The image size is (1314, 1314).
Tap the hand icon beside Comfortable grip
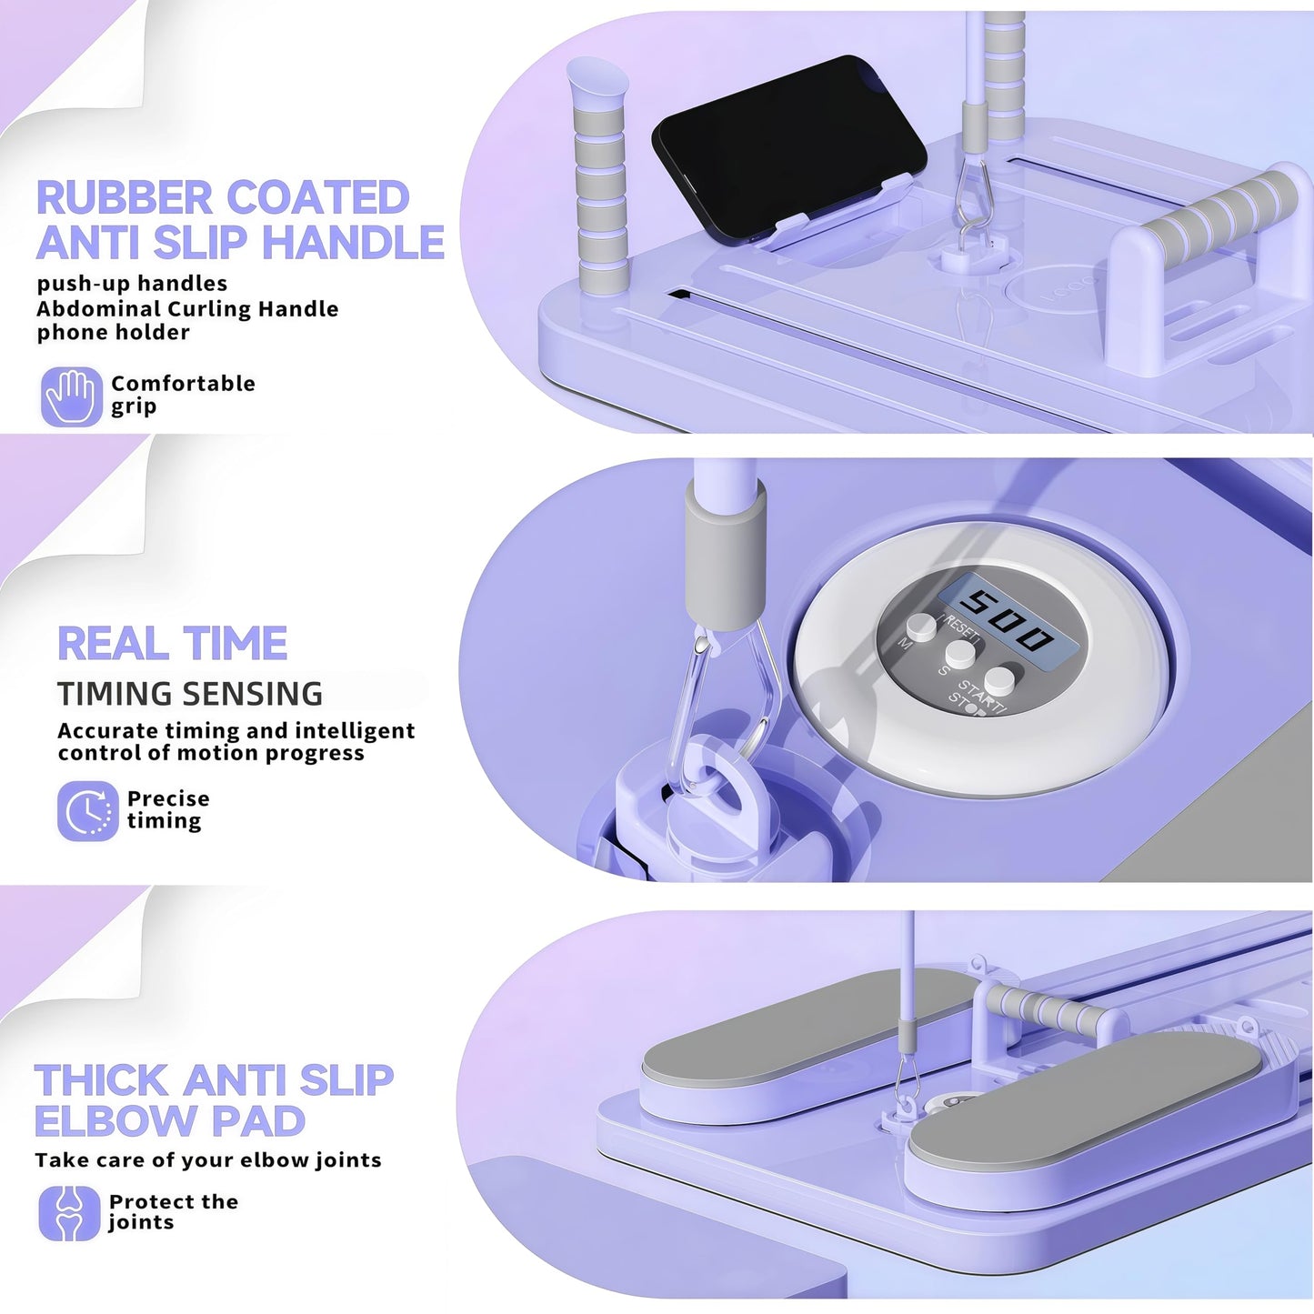72,396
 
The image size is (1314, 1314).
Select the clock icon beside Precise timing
88,811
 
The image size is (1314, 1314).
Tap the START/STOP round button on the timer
999,680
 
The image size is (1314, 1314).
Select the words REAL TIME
173,643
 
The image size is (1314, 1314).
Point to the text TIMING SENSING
189,694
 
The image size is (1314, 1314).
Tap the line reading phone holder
113,333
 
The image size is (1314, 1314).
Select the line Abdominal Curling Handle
187,308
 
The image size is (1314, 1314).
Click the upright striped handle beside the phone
597,177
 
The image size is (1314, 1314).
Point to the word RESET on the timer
960,628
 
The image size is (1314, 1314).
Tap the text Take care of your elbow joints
208,1160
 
